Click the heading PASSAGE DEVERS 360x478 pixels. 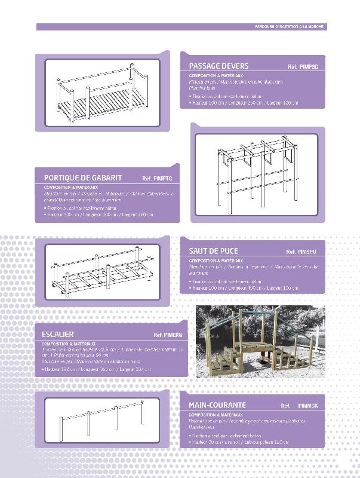pos(219,66)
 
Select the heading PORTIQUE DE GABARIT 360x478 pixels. pos(83,178)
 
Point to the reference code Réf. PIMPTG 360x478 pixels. pos(157,179)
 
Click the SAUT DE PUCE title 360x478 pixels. pos(214,252)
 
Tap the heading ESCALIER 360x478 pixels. pos(58,335)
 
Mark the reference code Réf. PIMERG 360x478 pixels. pos(168,335)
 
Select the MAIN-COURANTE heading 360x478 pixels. pos(217,405)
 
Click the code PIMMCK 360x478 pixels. pos(308,406)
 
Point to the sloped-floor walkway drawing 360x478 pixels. pos(101,93)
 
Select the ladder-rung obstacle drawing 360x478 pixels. pos(101,271)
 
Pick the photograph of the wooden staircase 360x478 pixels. pos(259,341)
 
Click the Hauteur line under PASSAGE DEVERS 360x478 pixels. pos(243,103)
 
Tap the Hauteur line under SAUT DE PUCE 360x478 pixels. pos(243,288)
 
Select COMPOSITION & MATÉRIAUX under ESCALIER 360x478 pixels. pos(69,344)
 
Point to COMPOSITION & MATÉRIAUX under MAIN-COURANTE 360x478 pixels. pos(216,414)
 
